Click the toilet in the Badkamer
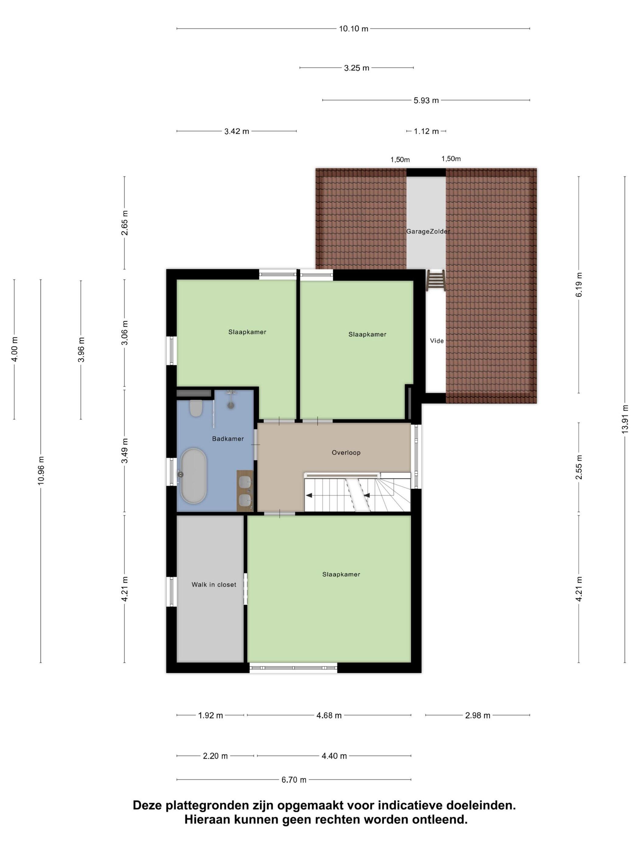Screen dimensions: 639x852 click(196, 408)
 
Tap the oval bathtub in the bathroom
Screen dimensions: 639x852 click(193, 476)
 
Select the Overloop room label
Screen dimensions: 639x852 click(346, 452)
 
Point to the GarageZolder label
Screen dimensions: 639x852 click(428, 231)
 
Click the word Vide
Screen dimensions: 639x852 click(437, 340)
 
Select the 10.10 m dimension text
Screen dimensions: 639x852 click(353, 29)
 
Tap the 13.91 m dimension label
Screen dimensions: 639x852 click(625, 419)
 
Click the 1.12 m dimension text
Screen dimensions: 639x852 click(426, 131)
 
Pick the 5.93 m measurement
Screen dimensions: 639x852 click(426, 100)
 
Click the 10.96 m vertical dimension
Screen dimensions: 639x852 click(41, 471)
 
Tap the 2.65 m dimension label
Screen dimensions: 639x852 click(124, 223)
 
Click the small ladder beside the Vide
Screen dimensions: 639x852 click(436, 280)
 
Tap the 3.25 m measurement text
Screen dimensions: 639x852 click(356, 68)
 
